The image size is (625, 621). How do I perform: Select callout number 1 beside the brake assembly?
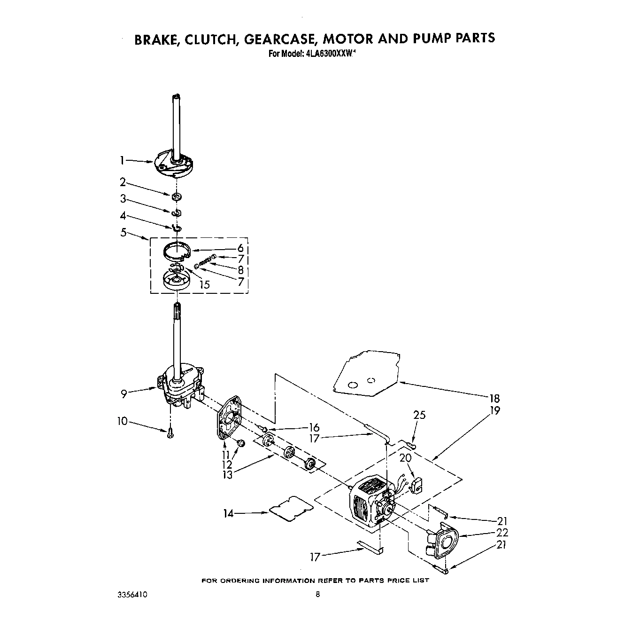point(122,161)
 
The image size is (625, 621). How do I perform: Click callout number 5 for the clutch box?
point(123,232)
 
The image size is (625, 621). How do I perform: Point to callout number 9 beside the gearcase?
point(124,393)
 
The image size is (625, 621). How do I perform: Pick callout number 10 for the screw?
point(122,421)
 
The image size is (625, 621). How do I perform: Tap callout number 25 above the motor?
point(419,415)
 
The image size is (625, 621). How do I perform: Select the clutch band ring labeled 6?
point(175,251)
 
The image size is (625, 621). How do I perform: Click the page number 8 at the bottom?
point(318,595)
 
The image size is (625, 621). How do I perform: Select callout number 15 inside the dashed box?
point(204,284)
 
